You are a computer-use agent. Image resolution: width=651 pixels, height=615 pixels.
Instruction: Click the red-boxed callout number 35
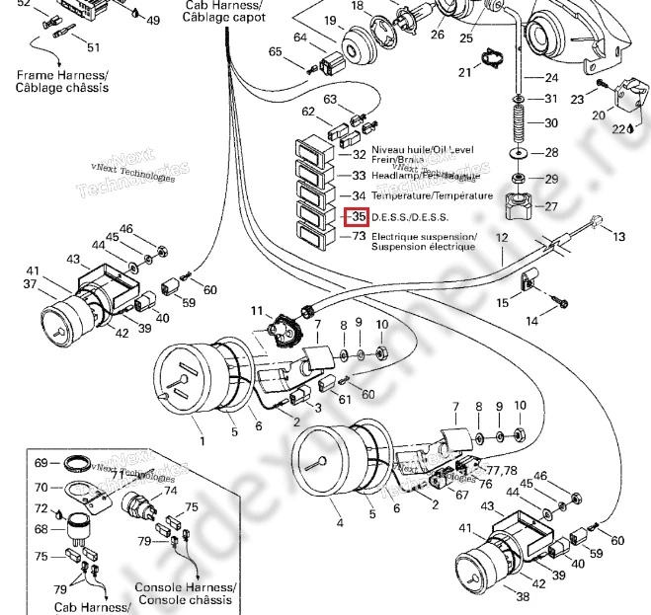[x=358, y=217]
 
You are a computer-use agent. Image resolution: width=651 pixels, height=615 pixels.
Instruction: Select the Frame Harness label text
[x=61, y=74]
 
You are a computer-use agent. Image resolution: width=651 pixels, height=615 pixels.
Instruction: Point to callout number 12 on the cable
[x=501, y=238]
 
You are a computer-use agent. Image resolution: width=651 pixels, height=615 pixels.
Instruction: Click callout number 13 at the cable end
[x=619, y=237]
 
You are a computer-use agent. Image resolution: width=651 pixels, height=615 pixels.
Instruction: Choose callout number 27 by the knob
[x=551, y=206]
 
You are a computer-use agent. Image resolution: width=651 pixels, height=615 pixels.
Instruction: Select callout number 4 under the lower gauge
[x=339, y=524]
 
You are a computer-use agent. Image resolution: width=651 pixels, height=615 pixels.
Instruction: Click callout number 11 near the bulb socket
[x=258, y=312]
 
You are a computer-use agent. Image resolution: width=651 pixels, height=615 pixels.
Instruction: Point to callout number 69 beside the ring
[x=41, y=462]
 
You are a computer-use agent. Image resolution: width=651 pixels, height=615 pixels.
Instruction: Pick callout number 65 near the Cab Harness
[x=275, y=51]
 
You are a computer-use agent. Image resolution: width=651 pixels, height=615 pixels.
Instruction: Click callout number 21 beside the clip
[x=464, y=72]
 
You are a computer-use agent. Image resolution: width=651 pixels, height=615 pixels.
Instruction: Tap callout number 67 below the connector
[x=461, y=495]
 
